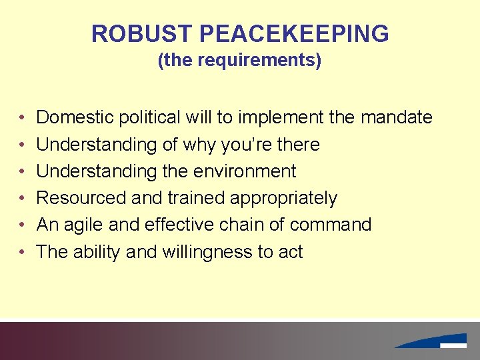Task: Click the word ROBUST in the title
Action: click(137, 33)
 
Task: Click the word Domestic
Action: click(75, 118)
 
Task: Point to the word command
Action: click(330, 225)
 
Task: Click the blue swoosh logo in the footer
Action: click(433, 341)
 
